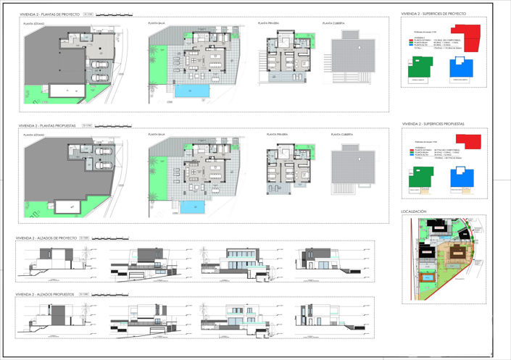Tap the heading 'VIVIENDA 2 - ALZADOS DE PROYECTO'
[x=48, y=238]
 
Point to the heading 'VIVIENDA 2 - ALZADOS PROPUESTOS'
[x=47, y=295]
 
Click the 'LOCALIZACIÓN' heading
[x=414, y=212]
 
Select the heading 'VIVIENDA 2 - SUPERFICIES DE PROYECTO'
[x=433, y=13]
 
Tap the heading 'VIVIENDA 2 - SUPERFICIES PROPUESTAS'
[x=432, y=124]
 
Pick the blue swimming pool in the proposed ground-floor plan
[x=192, y=206]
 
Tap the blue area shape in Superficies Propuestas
[x=458, y=179]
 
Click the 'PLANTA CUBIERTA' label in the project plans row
[x=333, y=23]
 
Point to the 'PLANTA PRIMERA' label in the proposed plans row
[x=277, y=135]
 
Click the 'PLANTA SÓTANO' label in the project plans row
[x=34, y=23]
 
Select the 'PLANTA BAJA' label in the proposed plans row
[x=157, y=135]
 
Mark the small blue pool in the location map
[x=428, y=278]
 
